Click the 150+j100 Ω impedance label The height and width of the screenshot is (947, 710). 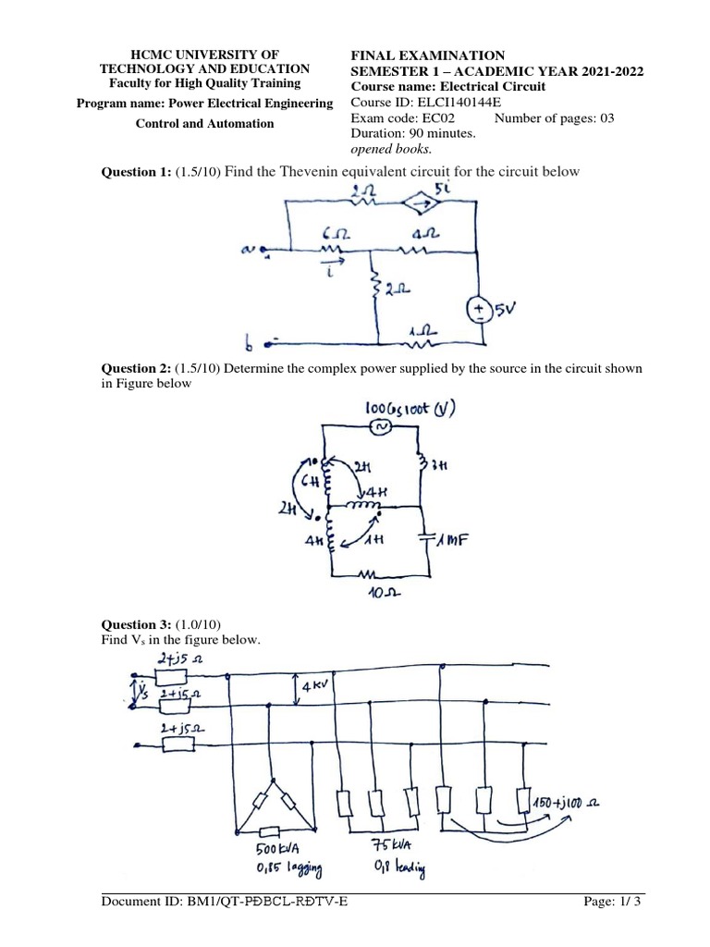pyautogui.click(x=569, y=803)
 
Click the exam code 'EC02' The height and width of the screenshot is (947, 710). pyautogui.click(x=454, y=118)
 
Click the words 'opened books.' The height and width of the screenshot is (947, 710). pyautogui.click(x=390, y=149)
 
